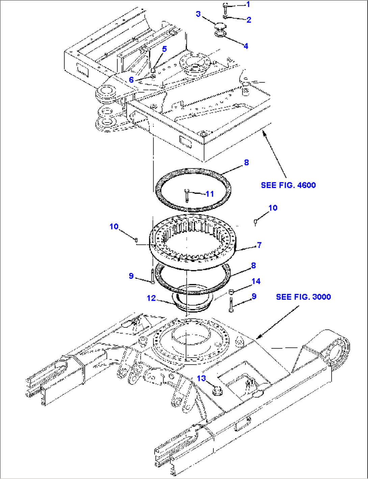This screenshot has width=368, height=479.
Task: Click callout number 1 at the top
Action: [x=248, y=4]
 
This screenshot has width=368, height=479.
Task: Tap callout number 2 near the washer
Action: [x=249, y=20]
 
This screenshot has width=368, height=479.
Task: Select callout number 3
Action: [x=198, y=14]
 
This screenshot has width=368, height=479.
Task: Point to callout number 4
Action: [x=246, y=46]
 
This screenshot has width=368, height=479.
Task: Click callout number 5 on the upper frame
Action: [x=164, y=49]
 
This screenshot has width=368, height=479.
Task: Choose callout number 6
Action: [x=131, y=80]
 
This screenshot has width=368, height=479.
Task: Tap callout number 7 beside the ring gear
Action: [x=259, y=245]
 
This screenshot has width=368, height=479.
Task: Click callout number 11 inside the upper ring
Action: [x=210, y=194]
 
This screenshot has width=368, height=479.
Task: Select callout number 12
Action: [x=151, y=298]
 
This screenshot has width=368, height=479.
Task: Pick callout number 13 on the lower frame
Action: [x=201, y=378]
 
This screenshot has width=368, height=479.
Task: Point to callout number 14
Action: [x=256, y=281]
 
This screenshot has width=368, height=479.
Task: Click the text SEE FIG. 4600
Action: [x=288, y=185]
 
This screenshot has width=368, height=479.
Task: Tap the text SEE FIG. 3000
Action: [x=304, y=297]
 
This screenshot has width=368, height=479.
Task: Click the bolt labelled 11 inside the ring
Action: [x=187, y=195]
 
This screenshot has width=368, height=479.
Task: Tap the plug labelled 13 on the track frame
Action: [x=217, y=391]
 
